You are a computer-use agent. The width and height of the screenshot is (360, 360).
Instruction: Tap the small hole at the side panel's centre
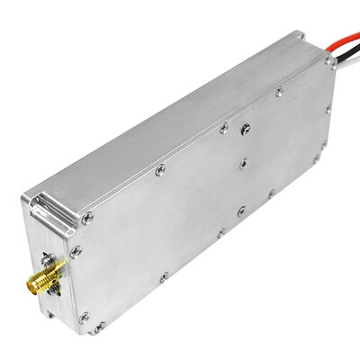243,165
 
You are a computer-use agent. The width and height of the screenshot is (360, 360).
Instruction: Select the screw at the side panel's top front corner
86,217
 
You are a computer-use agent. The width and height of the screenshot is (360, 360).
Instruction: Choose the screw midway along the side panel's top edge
159,169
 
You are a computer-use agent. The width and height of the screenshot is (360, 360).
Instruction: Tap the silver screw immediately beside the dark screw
224,129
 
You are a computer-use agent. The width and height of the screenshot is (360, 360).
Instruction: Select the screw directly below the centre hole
240,211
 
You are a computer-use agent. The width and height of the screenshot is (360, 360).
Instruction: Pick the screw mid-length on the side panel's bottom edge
220,233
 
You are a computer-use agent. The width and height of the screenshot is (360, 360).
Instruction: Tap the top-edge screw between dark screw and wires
279,91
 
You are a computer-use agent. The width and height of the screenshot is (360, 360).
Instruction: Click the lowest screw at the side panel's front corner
98,326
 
